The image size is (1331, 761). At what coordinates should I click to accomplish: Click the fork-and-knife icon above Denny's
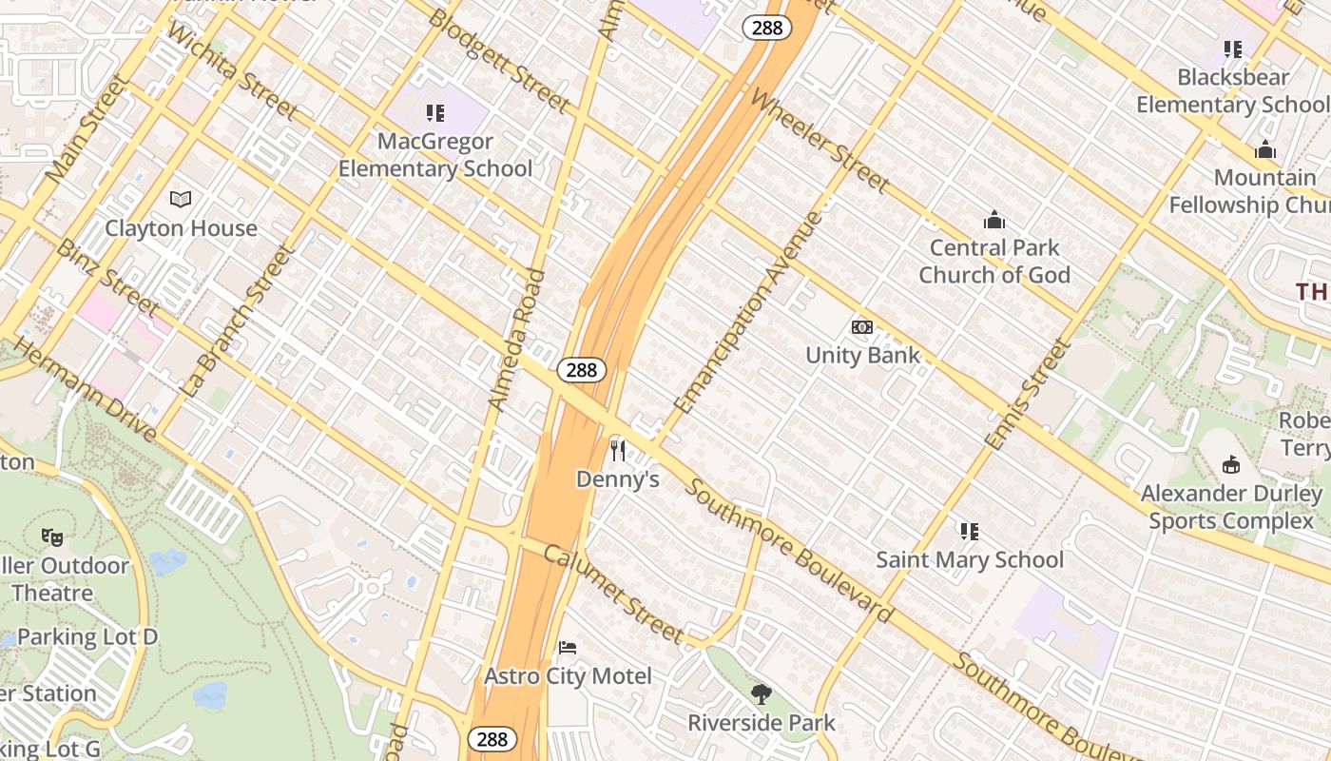618,450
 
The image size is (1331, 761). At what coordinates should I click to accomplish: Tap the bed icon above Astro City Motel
568,648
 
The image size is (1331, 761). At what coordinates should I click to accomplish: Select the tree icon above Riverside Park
761,694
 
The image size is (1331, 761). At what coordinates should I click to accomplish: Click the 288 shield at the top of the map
766,28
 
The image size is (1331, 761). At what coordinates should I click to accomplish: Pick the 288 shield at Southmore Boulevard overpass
581,370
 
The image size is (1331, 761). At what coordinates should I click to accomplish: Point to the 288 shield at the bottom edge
492,739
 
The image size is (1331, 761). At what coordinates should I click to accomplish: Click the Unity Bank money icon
862,327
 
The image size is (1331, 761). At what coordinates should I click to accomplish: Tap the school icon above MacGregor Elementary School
435,114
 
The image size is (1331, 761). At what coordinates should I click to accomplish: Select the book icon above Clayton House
181,199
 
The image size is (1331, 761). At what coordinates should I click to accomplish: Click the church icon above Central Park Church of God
994,221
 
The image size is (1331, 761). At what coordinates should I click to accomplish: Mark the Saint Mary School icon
970,531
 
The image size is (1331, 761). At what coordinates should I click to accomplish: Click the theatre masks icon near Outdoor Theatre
52,537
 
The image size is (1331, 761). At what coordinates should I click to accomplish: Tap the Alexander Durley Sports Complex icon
1231,464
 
